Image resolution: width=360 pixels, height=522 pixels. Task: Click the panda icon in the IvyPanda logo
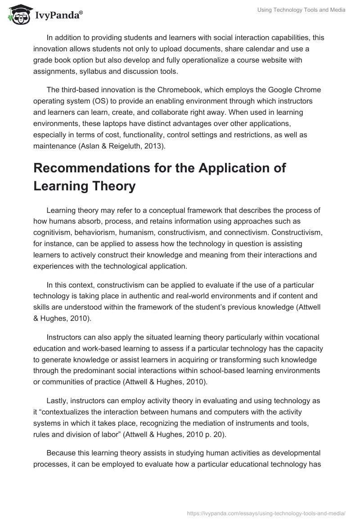(17, 15)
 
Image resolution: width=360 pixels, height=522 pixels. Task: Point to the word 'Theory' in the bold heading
(114, 185)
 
